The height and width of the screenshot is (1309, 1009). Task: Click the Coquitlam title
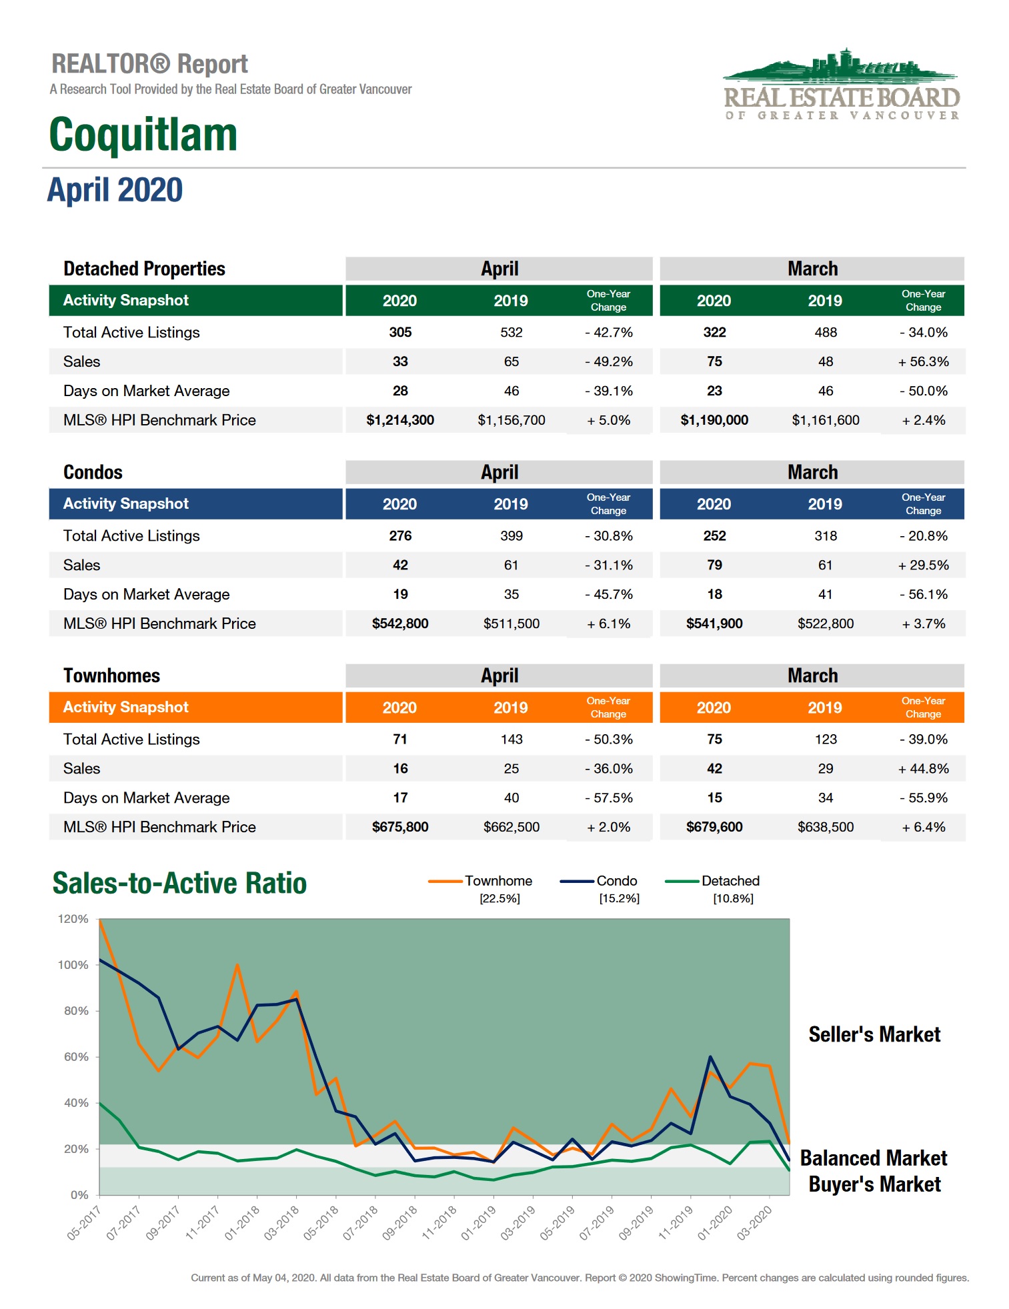[143, 135]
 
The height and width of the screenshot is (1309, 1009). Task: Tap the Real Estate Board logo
[842, 85]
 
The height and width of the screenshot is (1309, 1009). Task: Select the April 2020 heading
[115, 190]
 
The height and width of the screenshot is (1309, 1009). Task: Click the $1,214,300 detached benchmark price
[400, 420]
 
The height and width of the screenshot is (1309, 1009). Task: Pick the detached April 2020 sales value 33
[400, 361]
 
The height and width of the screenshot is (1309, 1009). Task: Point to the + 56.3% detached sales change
[923, 361]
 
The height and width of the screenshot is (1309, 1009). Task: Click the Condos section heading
[93, 472]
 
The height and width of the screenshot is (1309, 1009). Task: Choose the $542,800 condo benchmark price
[400, 623]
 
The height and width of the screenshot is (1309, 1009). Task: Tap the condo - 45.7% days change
[608, 594]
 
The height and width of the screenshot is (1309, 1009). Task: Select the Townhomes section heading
[111, 676]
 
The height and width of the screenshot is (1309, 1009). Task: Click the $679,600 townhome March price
[714, 827]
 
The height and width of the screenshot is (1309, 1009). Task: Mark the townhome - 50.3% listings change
[608, 739]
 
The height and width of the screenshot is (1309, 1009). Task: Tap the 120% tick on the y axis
[73, 919]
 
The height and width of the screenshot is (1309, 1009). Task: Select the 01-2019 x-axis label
[478, 1223]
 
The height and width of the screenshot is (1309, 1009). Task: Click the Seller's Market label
[874, 1034]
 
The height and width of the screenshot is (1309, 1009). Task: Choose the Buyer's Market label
[874, 1184]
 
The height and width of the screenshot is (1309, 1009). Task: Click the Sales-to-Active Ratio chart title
[179, 883]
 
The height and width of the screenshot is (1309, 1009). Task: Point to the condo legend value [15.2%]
[619, 898]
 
